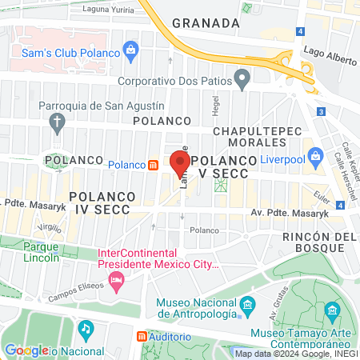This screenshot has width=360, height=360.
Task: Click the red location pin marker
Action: tap(178, 163)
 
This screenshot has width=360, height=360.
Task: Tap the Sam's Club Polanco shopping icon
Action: tap(130, 52)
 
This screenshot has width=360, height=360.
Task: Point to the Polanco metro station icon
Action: tap(152, 165)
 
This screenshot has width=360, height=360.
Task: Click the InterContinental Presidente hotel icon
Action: tap(117, 280)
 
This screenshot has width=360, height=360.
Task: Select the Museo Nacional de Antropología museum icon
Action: tap(247, 305)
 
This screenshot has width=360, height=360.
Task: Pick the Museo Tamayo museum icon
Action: tap(330, 310)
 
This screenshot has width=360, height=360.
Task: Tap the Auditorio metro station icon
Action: tap(142, 337)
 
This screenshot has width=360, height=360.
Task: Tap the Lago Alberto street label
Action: tap(329, 50)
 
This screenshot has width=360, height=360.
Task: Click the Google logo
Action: tap(26, 350)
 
